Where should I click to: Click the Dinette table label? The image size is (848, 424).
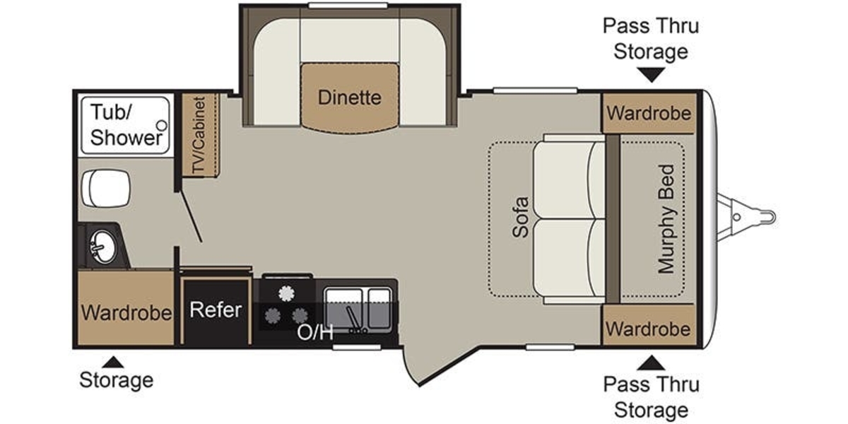click(349, 98)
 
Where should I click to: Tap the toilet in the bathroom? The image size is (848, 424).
click(107, 188)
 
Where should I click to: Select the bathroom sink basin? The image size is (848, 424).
click(102, 247)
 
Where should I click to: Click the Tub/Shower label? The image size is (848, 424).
click(126, 124)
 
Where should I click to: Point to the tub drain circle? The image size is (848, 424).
click(162, 125)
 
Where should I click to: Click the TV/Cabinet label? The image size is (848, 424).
click(199, 135)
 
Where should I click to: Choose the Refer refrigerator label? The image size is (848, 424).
click(216, 310)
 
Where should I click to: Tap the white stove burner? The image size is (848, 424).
click(287, 293)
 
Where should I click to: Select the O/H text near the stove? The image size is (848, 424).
click(315, 332)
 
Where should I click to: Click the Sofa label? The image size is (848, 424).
click(521, 217)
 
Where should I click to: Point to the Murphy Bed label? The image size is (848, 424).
click(666, 219)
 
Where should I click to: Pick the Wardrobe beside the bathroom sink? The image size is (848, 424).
click(126, 312)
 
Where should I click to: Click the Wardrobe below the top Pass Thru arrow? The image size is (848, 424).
click(649, 113)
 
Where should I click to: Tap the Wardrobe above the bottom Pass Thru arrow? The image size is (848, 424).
click(648, 329)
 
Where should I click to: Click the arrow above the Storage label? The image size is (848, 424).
click(113, 363)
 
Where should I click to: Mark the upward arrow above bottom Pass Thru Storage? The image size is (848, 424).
click(651, 363)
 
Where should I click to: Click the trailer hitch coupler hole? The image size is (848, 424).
click(736, 218)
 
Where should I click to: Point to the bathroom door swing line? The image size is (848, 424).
click(192, 216)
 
